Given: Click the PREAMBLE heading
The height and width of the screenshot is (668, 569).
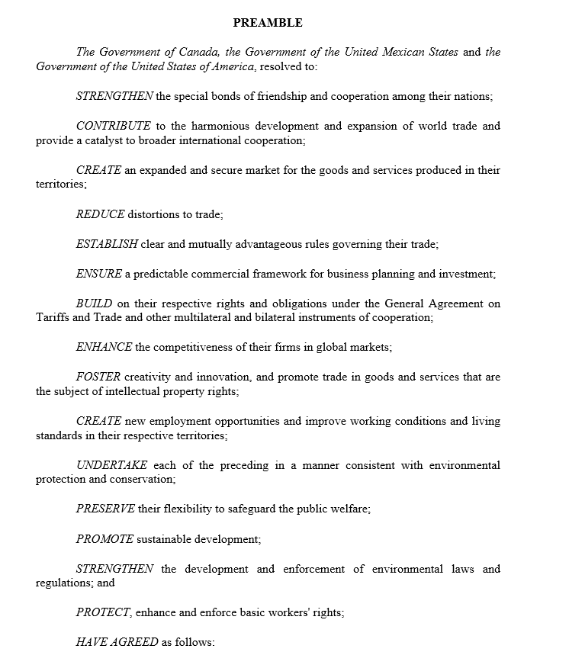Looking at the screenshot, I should [268, 23].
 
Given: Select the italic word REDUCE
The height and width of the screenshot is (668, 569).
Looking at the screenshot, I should [100, 215].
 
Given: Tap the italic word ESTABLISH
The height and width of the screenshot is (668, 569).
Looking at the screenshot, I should [107, 245].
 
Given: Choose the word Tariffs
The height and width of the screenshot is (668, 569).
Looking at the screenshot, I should [53, 318].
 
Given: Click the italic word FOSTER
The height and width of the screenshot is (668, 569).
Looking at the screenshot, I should [98, 377].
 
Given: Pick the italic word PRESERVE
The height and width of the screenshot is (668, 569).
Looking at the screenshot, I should [105, 509].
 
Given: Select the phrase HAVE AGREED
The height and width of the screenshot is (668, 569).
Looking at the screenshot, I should [117, 642].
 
